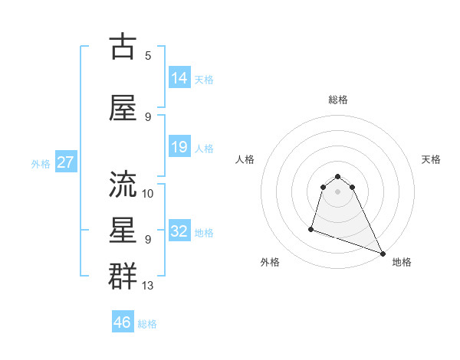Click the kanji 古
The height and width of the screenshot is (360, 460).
(123, 47)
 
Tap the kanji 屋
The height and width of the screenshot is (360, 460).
(123, 109)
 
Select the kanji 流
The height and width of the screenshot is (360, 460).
(123, 185)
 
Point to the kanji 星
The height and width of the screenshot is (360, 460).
(123, 231)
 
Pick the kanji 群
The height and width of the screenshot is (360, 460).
(123, 277)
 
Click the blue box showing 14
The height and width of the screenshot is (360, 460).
(179, 78)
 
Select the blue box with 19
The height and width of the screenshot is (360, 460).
(179, 147)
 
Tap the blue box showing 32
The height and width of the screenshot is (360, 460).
(179, 231)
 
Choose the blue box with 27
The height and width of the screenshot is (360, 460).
(65, 162)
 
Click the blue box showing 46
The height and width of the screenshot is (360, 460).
(123, 322)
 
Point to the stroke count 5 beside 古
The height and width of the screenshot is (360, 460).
(148, 56)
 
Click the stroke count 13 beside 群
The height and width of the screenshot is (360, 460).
(148, 286)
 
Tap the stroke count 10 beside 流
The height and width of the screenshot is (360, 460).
(148, 193)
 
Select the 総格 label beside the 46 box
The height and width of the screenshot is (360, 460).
(147, 324)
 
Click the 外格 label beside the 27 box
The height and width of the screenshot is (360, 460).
(41, 163)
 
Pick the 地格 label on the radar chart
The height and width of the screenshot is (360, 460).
(402, 262)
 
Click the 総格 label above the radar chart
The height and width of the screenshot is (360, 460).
(338, 100)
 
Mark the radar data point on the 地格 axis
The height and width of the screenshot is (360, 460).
(383, 254)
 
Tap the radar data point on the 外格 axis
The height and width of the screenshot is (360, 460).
(311, 228)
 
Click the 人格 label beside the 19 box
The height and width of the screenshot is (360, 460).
(204, 148)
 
